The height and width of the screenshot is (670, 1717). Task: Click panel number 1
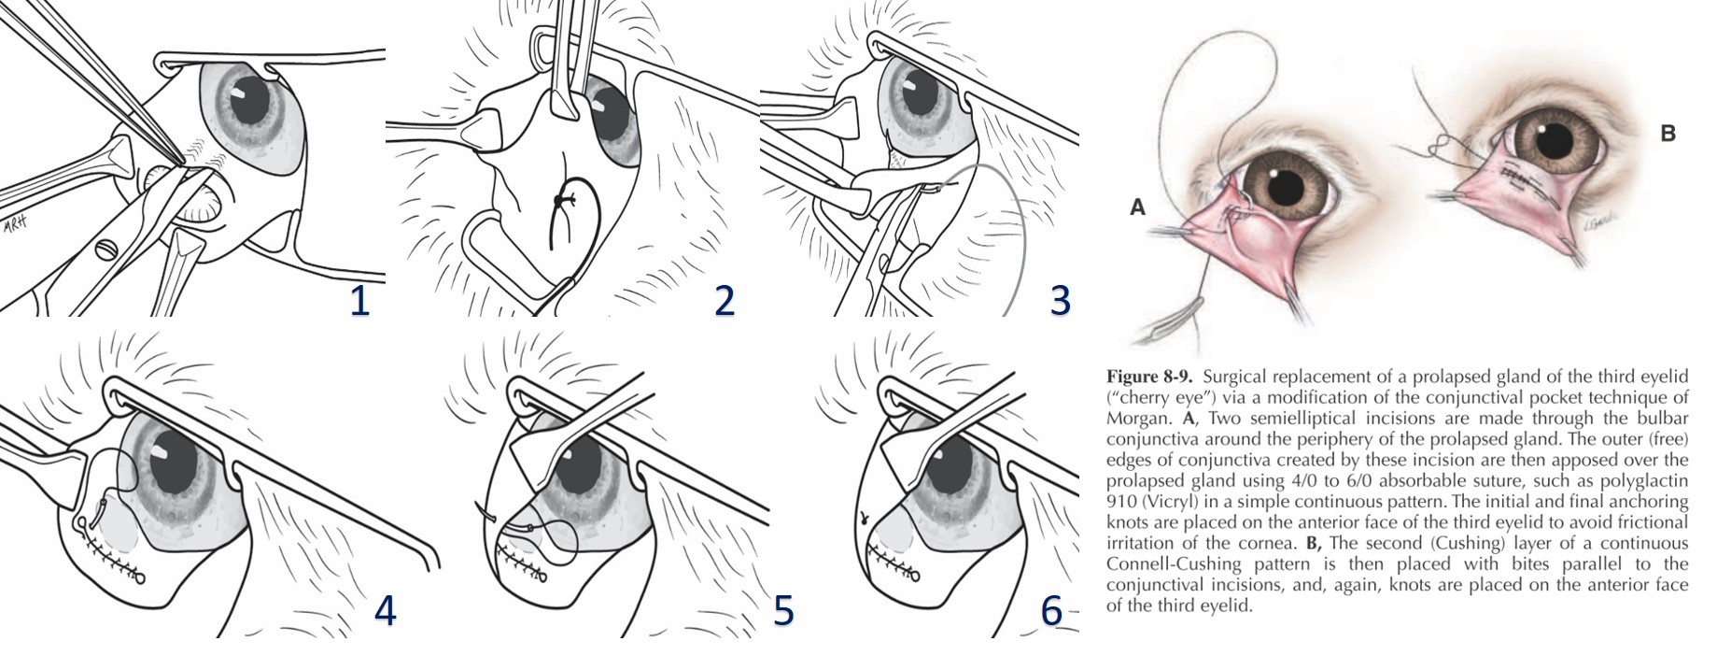359,301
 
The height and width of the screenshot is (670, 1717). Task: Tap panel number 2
725,301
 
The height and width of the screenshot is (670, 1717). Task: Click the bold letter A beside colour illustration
1137,207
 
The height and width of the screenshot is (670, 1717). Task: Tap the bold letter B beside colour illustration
1668,134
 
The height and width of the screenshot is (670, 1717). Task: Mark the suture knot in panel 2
559,201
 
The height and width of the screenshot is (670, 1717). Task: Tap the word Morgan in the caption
1133,418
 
